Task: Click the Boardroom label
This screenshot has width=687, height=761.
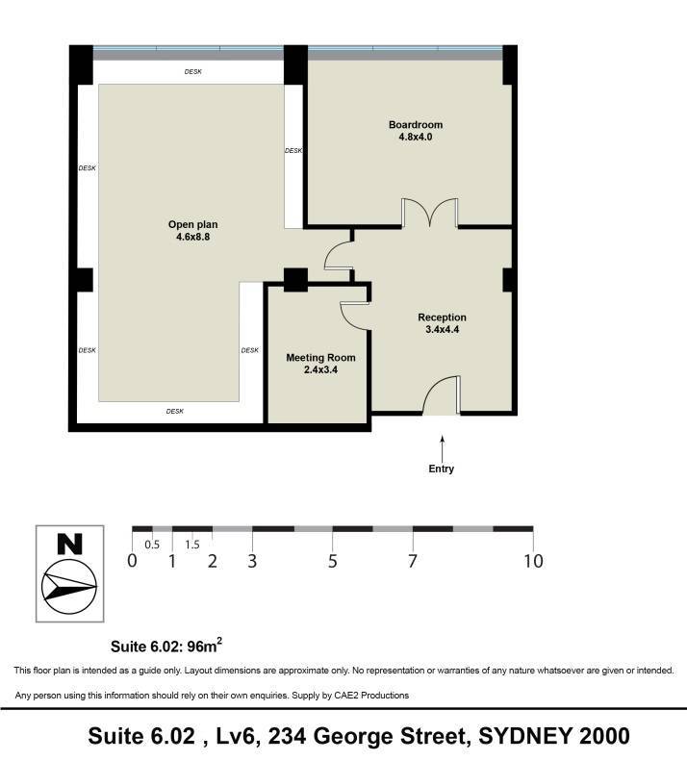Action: (416, 125)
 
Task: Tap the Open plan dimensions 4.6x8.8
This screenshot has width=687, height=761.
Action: (192, 237)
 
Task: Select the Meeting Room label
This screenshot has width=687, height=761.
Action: (320, 358)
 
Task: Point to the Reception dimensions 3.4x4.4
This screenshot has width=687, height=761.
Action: (442, 330)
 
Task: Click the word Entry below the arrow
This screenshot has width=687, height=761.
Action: (442, 469)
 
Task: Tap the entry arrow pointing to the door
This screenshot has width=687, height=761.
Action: (442, 449)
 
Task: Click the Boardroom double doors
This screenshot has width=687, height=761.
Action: (430, 213)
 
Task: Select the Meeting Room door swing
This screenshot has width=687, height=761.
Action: (356, 317)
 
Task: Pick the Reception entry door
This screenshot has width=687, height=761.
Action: (442, 395)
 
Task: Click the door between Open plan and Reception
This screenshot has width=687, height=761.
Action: (339, 256)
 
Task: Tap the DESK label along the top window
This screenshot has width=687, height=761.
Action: (192, 72)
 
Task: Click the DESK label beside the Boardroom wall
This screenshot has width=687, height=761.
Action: (293, 151)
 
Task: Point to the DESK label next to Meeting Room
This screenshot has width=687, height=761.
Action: (249, 350)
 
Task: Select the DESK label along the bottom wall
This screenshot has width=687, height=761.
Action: (175, 412)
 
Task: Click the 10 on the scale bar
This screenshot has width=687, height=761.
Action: (533, 561)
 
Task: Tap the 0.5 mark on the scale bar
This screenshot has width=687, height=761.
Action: (152, 545)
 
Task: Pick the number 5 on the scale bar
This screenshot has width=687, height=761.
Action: (333, 561)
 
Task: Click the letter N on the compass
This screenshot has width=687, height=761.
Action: (69, 545)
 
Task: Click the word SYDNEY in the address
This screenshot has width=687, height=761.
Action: (524, 736)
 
